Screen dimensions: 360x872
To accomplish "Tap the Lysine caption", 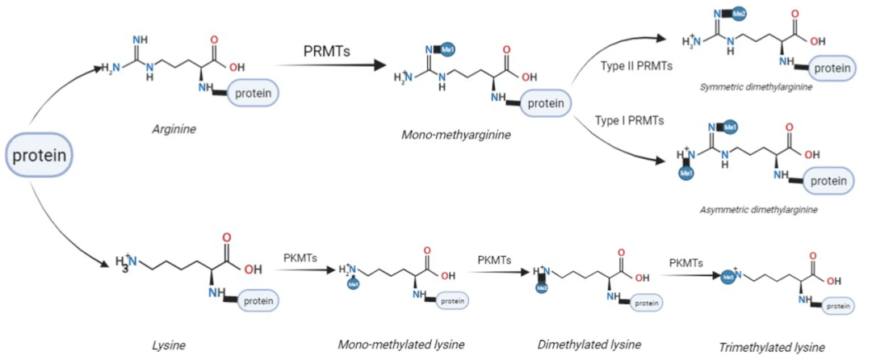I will pyautogui.click(x=169, y=345).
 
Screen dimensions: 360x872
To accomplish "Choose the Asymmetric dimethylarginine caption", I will pyautogui.click(x=759, y=209).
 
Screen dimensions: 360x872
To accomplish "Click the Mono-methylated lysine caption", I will pyautogui.click(x=401, y=345).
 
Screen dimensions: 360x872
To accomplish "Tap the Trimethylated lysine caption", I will pyautogui.click(x=772, y=347).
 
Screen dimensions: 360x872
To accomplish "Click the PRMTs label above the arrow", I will pyautogui.click(x=328, y=50).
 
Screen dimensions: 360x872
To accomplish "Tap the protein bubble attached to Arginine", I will pyautogui.click(x=254, y=94).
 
